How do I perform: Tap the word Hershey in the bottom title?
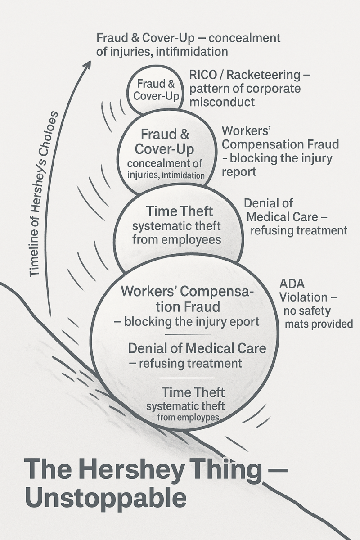coord(125,469)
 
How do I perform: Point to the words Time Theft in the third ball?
coord(177,211)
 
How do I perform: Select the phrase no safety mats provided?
coord(318,317)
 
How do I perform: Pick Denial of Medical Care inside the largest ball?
coord(197,348)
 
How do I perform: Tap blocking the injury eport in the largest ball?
coord(192,322)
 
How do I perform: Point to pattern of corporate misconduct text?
coord(245,95)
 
